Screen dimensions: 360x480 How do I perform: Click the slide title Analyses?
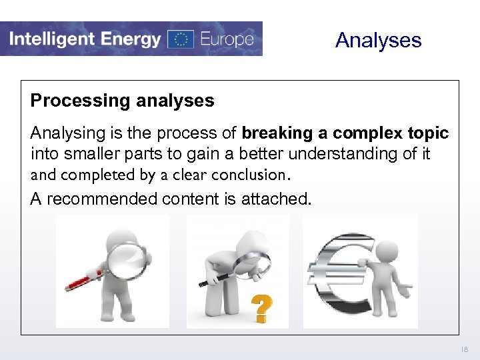click(379, 40)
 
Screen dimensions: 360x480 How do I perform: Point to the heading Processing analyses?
click(123, 101)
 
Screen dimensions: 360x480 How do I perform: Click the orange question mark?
click(262, 309)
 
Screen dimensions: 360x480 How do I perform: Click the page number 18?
click(465, 349)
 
